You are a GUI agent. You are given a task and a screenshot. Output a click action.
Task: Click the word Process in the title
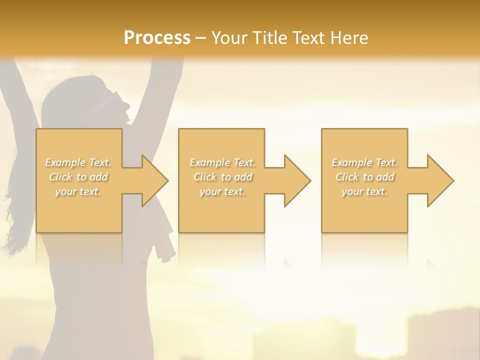[157, 37]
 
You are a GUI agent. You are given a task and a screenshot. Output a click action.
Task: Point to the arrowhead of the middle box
[296, 180]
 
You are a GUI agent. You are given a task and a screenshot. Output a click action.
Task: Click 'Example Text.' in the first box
[78, 162]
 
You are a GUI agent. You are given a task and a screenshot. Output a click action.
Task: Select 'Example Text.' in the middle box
[222, 162]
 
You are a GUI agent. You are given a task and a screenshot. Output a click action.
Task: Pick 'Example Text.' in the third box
[364, 162]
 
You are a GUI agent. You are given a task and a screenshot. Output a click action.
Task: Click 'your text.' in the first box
[78, 191]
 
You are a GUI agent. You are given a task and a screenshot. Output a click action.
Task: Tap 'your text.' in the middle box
[222, 191]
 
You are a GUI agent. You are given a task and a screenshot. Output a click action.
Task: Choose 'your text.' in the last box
[364, 191]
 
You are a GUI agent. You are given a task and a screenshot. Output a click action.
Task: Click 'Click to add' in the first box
[78, 177]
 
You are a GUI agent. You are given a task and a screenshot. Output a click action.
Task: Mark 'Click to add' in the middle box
[222, 177]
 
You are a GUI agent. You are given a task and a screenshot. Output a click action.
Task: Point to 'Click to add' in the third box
[364, 177]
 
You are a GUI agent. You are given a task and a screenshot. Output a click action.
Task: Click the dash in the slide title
[200, 38]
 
